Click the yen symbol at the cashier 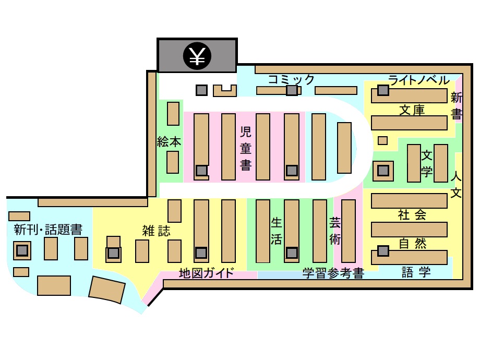tap(197, 56)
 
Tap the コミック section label tap(291, 80)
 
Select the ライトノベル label tap(419, 80)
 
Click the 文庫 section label tap(412, 110)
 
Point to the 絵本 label tap(169, 142)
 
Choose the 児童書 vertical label tap(246, 149)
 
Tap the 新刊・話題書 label tap(48, 229)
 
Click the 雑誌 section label tap(156, 231)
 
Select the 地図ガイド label tap(207, 273)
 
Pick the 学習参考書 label tap(333, 273)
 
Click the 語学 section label tap(416, 272)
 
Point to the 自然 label tap(412, 244)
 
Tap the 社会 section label tap(412, 214)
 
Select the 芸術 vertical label tap(335, 231)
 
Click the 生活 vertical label tap(276, 231)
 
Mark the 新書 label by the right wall tap(456, 106)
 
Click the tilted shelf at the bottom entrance tap(107, 290)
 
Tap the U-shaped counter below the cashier tap(225, 91)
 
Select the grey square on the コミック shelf tap(292, 90)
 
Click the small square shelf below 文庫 tap(382, 140)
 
